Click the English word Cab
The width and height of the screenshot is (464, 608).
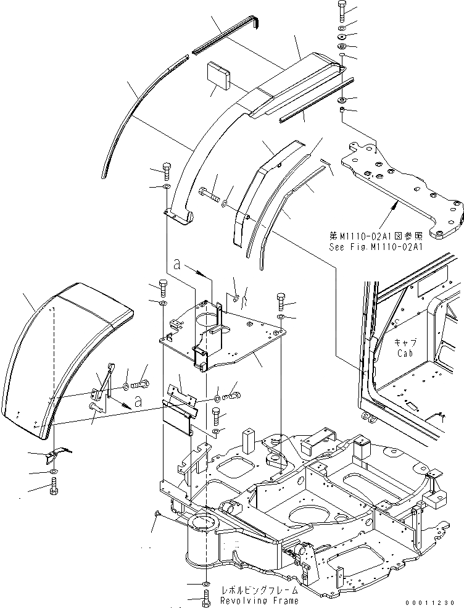point(405,353)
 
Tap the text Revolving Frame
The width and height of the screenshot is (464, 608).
point(260,600)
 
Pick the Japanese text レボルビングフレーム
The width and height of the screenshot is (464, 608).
point(260,590)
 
